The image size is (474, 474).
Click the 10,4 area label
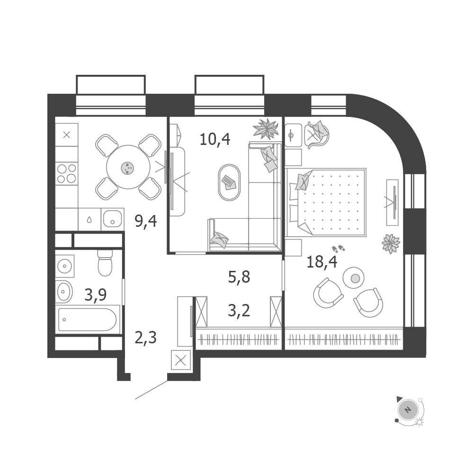215,139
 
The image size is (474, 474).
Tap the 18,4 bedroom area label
322,261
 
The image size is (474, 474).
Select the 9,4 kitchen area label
146,221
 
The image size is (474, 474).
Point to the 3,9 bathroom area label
96,295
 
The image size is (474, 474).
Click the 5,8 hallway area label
239,277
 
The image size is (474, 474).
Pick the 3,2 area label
239,311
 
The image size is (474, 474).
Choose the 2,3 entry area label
146,338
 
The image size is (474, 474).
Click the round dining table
128,167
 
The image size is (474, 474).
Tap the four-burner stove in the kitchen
66,173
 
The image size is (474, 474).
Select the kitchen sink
112,219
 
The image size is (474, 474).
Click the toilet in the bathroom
105,263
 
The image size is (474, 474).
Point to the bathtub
87,320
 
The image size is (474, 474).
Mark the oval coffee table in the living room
229,182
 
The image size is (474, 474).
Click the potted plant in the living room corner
266,129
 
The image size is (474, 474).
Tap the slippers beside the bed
339,249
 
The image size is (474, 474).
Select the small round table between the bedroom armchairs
353,277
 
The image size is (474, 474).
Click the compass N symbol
408,410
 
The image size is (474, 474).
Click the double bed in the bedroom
326,202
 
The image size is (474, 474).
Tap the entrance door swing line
151,390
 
